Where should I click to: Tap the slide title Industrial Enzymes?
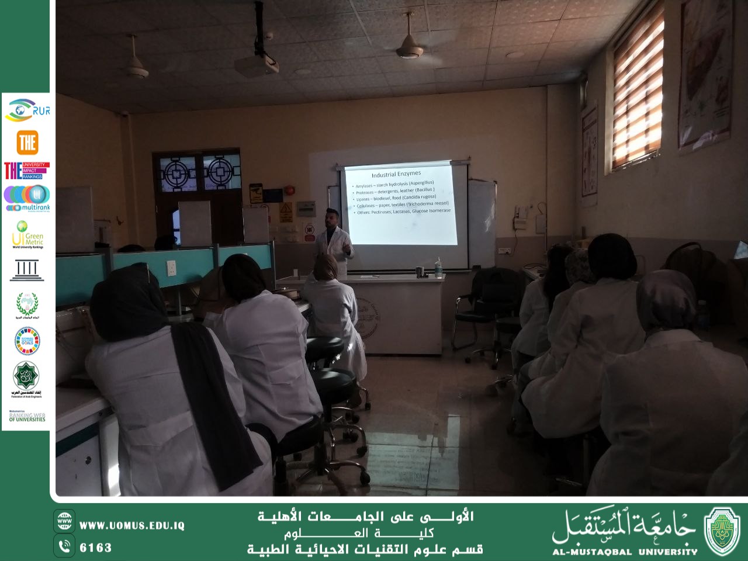tap(396, 174)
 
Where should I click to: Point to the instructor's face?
tap(331, 220)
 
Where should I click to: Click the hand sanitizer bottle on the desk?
tap(438, 267)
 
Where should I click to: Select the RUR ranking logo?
tap(27, 110)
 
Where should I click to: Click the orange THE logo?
tap(27, 142)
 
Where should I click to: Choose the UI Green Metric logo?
tap(27, 235)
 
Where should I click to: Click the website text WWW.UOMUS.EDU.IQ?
tap(132, 525)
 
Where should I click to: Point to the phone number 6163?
tap(96, 548)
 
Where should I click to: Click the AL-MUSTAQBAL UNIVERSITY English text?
tap(625, 551)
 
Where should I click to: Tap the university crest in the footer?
tap(722, 531)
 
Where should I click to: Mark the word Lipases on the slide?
tap(363, 199)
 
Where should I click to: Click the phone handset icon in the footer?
tap(64, 546)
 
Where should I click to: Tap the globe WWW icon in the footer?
tap(64, 520)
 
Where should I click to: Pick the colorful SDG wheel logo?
tap(27, 341)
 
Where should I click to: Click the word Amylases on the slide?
tap(365, 186)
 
